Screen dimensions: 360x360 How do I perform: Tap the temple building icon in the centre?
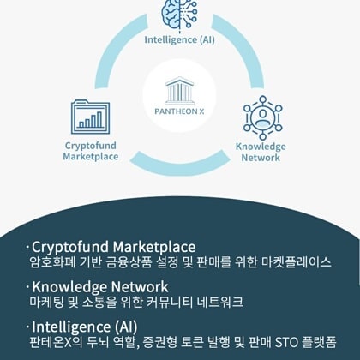pyautogui.click(x=180, y=90)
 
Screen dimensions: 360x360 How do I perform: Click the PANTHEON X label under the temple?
pyautogui.click(x=179, y=111)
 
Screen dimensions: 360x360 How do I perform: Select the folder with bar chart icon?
pyautogui.click(x=90, y=117)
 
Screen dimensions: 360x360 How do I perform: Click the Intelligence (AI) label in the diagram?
pyautogui.click(x=179, y=39)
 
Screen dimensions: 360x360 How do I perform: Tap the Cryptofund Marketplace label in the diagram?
pyautogui.click(x=91, y=151)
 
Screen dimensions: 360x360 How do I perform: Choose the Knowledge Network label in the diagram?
pyautogui.click(x=261, y=152)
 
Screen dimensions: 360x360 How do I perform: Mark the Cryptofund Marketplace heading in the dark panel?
pyautogui.click(x=114, y=247)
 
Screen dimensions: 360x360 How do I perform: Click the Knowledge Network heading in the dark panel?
pyautogui.click(x=100, y=287)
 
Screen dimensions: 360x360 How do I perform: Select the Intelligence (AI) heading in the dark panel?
pyautogui.click(x=85, y=327)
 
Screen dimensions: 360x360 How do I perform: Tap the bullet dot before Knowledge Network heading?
pyautogui.click(x=27, y=286)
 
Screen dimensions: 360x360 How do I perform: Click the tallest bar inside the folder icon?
pyautogui.click(x=99, y=119)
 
